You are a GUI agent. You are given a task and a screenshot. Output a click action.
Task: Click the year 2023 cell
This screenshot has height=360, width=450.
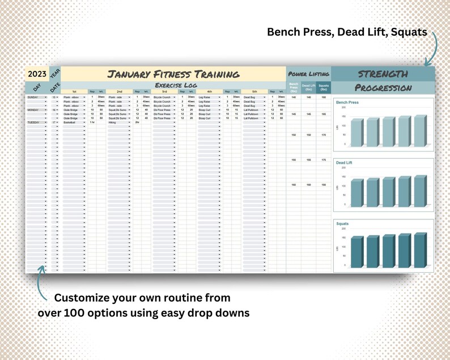[x=37, y=74]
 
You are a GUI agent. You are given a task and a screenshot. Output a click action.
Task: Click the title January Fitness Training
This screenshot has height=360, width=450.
[x=173, y=74]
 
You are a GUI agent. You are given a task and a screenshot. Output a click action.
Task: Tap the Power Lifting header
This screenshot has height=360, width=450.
[x=308, y=74]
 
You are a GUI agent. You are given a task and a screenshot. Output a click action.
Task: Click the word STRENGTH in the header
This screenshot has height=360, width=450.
[x=383, y=74]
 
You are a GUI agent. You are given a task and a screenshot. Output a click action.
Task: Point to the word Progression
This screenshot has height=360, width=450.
[x=383, y=88]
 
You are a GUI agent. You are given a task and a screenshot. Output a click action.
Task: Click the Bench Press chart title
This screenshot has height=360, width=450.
[x=347, y=103]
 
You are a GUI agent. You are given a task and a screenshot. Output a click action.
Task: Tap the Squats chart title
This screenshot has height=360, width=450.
[x=342, y=223]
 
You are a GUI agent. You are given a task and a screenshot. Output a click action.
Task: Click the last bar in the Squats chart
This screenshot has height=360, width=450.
[x=419, y=249]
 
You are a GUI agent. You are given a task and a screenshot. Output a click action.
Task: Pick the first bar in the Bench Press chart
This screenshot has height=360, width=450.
[x=356, y=133]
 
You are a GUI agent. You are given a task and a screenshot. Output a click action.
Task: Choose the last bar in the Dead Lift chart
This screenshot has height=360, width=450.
[x=419, y=191]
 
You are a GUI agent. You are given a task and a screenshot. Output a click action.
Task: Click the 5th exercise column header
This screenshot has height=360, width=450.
[x=254, y=91]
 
